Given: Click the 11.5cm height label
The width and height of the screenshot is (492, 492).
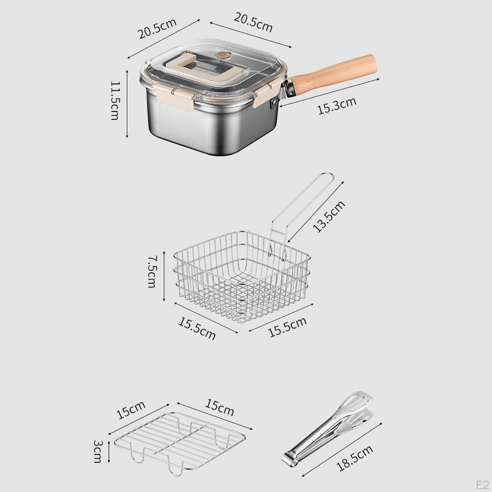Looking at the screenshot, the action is pos(115,100).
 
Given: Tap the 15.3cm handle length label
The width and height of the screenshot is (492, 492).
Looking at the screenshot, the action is pos(337,106).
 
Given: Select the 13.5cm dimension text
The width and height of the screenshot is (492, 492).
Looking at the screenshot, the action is pos(329,217).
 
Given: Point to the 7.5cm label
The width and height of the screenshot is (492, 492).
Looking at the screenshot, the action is pos(152,271).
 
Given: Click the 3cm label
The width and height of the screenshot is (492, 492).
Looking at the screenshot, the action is pos(98,451).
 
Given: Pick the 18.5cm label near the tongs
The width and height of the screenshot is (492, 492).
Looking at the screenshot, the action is pos(355,458).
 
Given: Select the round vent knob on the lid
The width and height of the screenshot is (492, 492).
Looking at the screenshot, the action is pos(223,55).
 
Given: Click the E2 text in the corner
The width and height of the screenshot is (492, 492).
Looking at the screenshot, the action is pos(482,485).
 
